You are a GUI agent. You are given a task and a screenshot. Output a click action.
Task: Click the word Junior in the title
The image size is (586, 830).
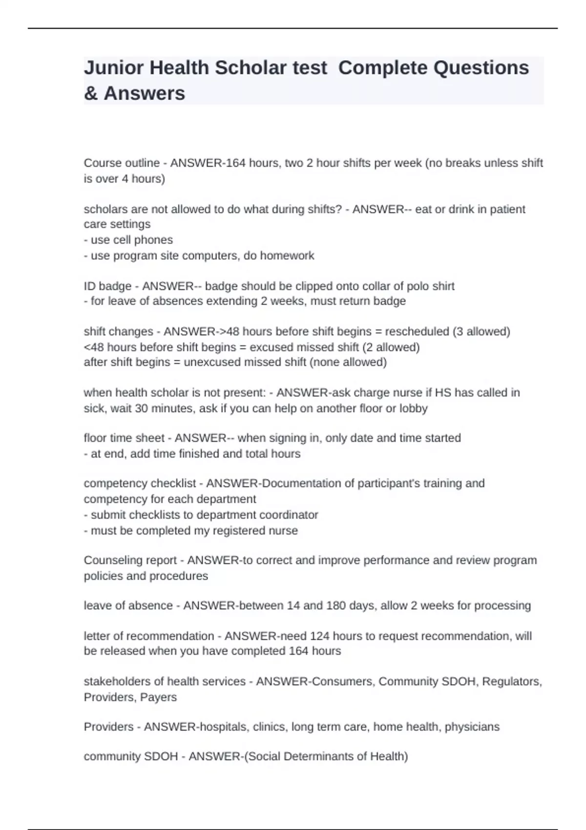(114, 68)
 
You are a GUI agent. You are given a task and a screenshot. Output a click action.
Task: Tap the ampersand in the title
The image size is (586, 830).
(90, 93)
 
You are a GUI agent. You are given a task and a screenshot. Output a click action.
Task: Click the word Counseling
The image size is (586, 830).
(110, 560)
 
